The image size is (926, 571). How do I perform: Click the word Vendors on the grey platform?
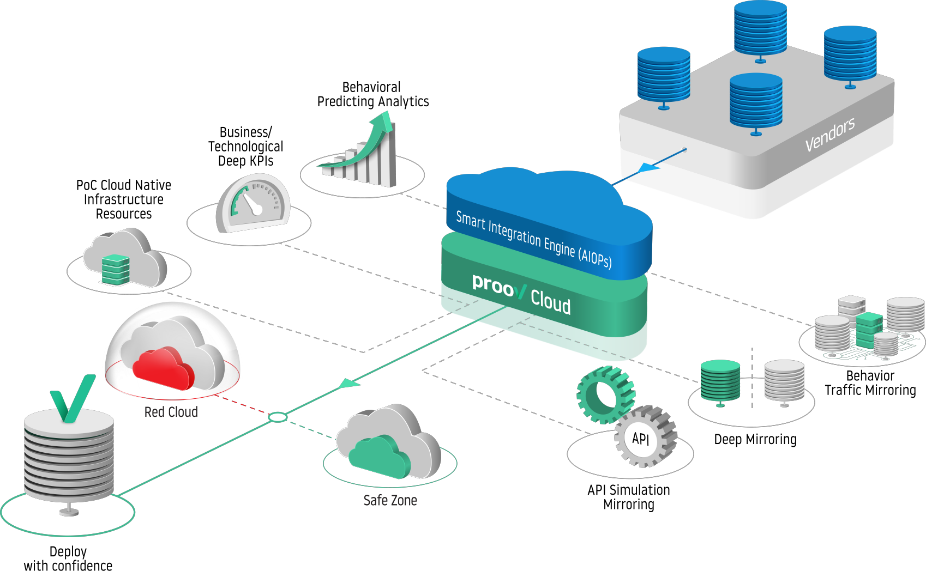tap(830, 134)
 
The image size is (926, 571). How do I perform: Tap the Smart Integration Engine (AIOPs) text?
tap(533, 240)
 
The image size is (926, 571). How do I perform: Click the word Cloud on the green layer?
tap(551, 302)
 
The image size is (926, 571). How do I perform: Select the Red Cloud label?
tap(171, 412)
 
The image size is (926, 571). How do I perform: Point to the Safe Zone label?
tap(390, 500)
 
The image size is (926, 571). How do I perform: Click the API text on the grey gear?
tap(641, 439)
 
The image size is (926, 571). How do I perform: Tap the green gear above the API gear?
tap(604, 394)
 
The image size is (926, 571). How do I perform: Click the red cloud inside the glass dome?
tap(164, 368)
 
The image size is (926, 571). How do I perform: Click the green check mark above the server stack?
tap(73, 398)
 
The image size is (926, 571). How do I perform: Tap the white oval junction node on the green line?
tap(278, 417)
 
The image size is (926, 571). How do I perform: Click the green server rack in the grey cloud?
tap(116, 270)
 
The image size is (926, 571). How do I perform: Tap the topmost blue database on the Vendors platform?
tap(760, 27)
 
